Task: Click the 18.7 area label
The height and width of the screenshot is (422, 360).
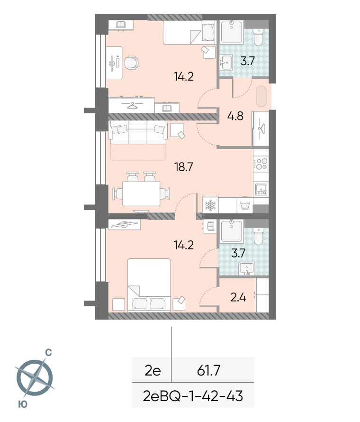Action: (184, 167)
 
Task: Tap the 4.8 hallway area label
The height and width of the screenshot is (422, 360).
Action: (235, 116)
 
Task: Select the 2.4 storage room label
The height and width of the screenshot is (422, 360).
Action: (238, 297)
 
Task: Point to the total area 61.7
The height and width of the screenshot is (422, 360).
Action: (208, 370)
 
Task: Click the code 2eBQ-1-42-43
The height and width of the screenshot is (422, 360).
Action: (193, 396)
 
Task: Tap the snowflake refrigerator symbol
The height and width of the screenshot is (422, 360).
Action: (210, 206)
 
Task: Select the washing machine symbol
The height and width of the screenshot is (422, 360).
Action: (245, 205)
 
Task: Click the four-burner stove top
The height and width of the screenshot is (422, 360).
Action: (261, 164)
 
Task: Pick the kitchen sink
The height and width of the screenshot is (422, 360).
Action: (261, 189)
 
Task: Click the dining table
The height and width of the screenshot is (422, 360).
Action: (141, 194)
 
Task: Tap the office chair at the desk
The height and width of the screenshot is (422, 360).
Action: (132, 63)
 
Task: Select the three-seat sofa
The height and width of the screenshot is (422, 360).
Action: (138, 132)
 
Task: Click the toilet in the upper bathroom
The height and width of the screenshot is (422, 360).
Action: (258, 37)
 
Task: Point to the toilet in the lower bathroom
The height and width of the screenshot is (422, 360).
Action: (258, 237)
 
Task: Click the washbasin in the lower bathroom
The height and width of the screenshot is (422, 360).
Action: (246, 269)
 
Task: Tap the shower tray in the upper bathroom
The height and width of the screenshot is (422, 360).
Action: (232, 32)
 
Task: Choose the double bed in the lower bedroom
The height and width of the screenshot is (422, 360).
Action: (149, 285)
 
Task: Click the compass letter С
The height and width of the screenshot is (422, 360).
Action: (48, 352)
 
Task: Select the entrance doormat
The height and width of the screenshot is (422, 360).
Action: (261, 96)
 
